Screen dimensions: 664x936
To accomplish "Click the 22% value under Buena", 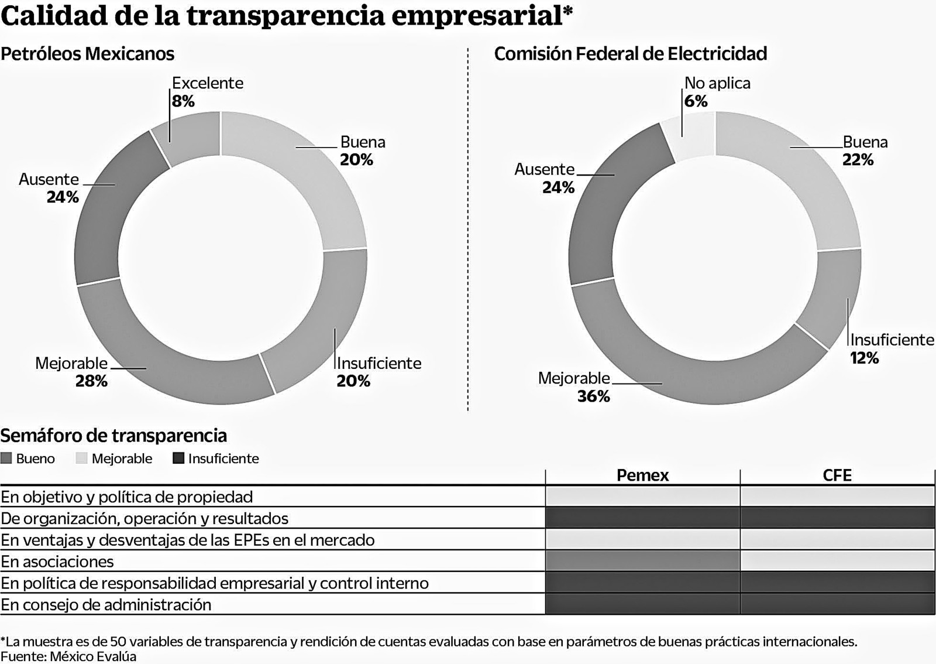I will click(858, 160).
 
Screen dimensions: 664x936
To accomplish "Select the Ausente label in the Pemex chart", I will click(49, 179).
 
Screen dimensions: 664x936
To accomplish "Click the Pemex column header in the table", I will click(642, 475).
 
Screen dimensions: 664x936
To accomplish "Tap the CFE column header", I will click(837, 475).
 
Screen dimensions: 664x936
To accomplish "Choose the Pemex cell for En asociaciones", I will click(642, 561).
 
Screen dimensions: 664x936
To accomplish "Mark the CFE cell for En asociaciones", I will click(837, 561).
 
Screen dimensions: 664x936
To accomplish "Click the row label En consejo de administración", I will click(106, 604).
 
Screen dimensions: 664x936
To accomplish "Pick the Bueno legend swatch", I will click(6, 458).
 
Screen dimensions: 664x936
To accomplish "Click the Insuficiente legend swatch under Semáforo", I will click(178, 458).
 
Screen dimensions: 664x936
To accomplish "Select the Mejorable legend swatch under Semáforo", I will click(81, 458).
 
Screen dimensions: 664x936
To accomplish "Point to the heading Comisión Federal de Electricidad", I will click(630, 54).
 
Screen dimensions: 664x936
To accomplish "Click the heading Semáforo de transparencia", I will click(113, 436).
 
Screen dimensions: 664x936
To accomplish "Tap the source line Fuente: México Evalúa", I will click(68, 656).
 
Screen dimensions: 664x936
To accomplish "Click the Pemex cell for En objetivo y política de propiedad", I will click(642, 497).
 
